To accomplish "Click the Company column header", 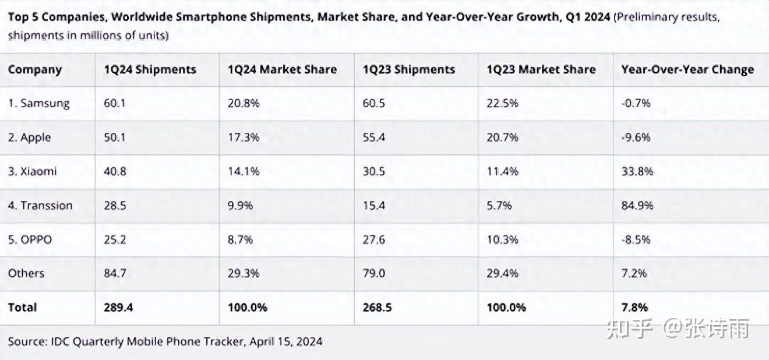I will (35, 70).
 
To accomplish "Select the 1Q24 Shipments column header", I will (150, 70).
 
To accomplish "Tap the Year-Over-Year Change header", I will (687, 70).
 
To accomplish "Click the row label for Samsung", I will (39, 104).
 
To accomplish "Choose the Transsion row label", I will (40, 206).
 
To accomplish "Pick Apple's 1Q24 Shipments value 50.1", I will (115, 138).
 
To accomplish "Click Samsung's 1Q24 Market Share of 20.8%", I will (244, 104).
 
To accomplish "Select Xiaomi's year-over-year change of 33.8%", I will (637, 172).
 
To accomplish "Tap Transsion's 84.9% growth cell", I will (637, 206).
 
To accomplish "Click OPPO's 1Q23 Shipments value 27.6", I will (374, 239).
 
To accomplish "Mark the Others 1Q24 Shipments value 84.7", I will (115, 273).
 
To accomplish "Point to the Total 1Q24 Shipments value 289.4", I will (119, 308).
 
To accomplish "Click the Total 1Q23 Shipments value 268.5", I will (378, 308).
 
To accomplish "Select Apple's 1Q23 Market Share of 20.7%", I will (502, 138).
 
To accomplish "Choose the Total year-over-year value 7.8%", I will (634, 308).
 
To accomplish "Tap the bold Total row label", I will (23, 308).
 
